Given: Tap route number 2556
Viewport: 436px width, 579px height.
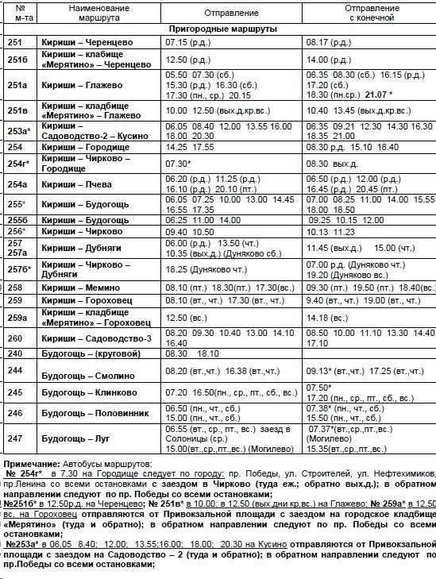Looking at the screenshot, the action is pos(17,219).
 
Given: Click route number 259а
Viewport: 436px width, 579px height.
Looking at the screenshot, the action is pos(17,318).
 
